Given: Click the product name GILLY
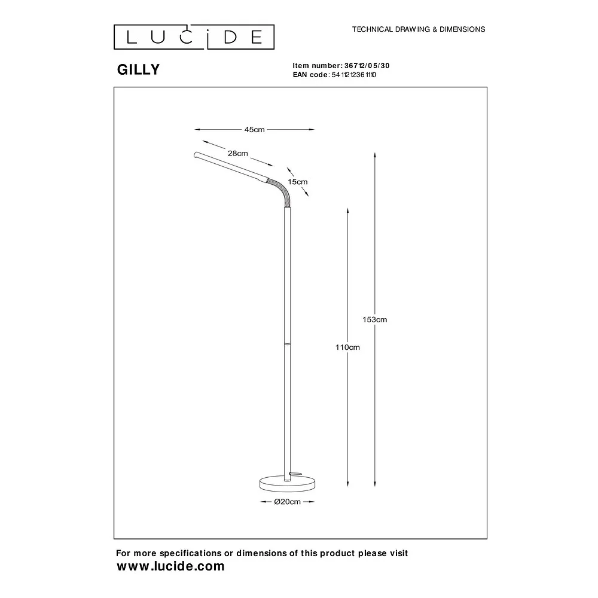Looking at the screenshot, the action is [138, 69].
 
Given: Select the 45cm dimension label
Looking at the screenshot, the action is [254, 130].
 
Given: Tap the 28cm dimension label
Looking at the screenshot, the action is [237, 153].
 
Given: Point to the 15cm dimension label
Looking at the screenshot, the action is [297, 182].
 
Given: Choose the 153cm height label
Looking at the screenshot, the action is [374, 319].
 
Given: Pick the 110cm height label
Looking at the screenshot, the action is [347, 347].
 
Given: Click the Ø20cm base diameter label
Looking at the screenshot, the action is [287, 502].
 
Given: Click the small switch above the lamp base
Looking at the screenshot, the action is [295, 474].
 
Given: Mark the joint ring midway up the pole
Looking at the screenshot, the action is [288, 343].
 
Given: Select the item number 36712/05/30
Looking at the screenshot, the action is [367, 66].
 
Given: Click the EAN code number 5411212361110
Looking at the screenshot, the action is [354, 75].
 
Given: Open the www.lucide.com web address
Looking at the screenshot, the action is [170, 566].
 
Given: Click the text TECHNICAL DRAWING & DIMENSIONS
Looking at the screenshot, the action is [419, 29].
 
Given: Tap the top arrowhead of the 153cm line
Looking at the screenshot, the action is [375, 155].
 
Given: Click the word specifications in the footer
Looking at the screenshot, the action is [191, 553].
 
